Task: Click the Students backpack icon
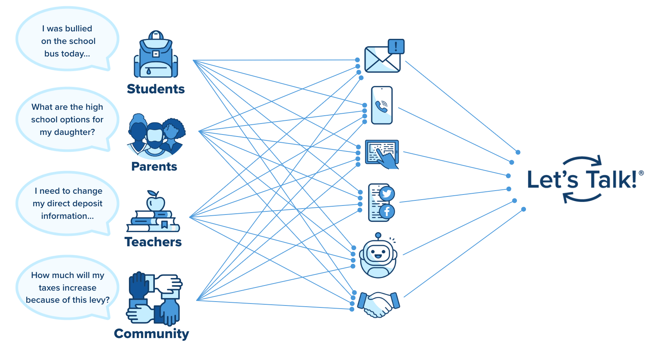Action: [x=156, y=55]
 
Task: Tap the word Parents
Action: [x=154, y=167]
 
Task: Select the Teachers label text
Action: [x=153, y=242]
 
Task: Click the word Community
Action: [x=151, y=334]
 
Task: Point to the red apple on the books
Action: [x=156, y=202]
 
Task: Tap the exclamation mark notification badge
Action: [x=396, y=46]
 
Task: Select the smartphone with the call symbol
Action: [x=382, y=105]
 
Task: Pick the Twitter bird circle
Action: [x=387, y=194]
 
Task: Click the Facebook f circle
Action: [x=387, y=212]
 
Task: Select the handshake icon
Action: [x=379, y=304]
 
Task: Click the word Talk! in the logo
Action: [x=611, y=180]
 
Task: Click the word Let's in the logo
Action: [x=553, y=180]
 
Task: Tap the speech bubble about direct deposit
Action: [x=67, y=203]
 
